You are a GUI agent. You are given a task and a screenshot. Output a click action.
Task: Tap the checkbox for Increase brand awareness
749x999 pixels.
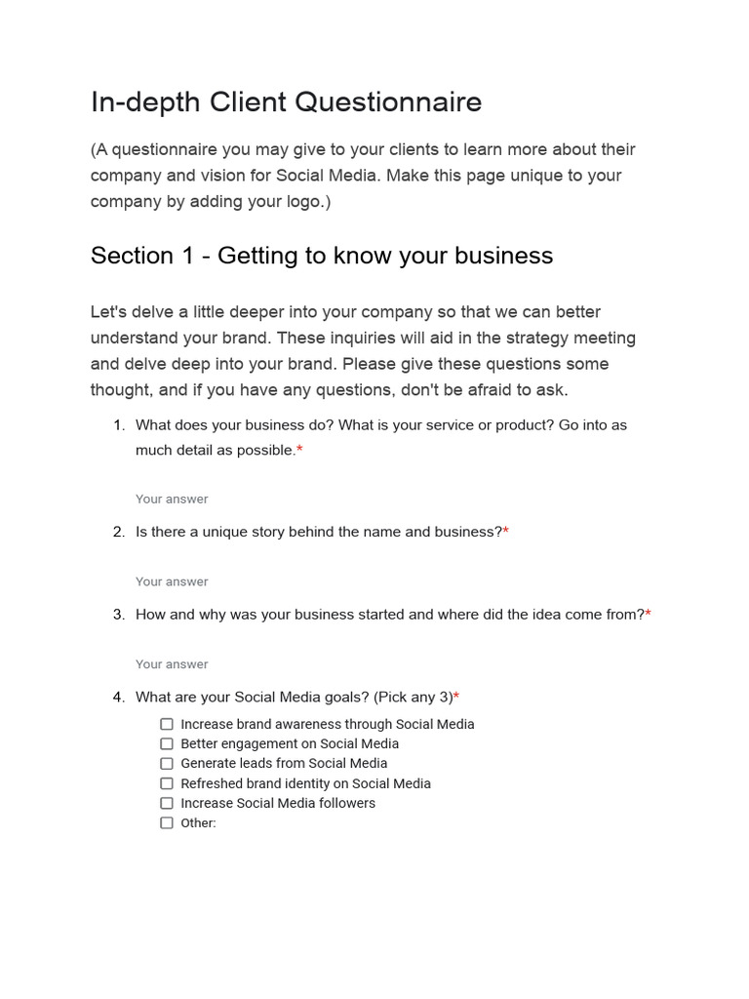pos(167,724)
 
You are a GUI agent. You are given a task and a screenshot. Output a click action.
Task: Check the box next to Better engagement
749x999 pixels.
pos(167,743)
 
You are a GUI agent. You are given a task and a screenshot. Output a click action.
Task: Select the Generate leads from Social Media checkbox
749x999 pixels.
pos(167,763)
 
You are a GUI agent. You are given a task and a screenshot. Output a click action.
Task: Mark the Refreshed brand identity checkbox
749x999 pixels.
pos(167,783)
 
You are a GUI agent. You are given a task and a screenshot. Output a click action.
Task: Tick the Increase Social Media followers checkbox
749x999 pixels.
pos(167,803)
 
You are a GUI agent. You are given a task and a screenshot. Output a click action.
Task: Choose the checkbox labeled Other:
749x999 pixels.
pos(167,822)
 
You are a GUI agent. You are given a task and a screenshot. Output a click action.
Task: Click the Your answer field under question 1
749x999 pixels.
pos(172,499)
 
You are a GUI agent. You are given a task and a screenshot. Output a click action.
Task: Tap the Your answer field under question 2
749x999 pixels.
pos(172,582)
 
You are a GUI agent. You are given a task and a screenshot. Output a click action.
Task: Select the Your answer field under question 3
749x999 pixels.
pos(172,664)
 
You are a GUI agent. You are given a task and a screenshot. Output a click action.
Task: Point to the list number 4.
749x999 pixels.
pos(118,698)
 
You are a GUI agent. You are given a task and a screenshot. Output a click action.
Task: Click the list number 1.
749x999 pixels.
pos(118,425)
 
